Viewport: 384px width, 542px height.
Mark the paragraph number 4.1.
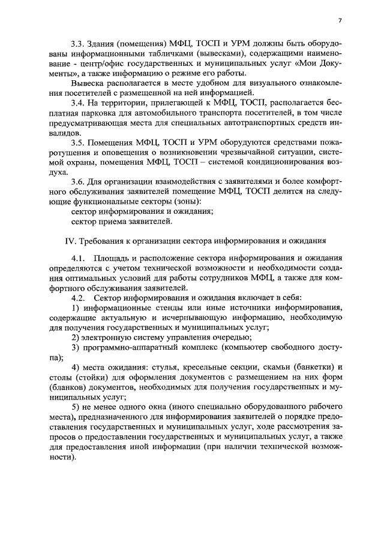78,258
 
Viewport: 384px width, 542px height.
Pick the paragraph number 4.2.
78,298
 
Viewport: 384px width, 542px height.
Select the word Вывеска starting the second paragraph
86,84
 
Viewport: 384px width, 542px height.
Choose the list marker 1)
75,308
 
